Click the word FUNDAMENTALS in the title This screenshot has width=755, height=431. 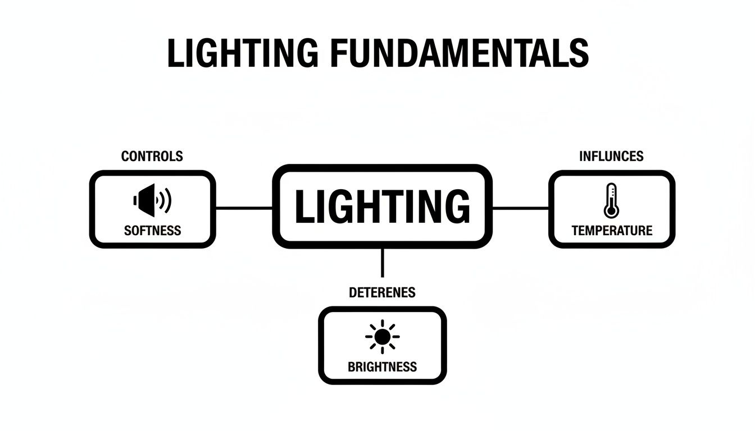460,54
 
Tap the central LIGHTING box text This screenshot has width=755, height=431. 382,207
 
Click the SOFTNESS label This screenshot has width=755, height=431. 152,230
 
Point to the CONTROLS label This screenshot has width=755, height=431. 152,157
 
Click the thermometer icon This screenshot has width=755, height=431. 611,200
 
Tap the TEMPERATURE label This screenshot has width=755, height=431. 612,230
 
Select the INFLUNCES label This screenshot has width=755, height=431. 611,156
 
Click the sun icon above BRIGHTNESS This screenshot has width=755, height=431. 382,337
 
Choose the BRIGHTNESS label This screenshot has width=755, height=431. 382,367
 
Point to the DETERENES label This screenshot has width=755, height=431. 382,292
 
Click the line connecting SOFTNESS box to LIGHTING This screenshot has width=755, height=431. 244,208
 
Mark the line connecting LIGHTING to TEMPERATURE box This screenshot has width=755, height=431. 520,208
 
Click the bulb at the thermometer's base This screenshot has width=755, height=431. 611,211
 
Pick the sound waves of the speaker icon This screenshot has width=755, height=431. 165,200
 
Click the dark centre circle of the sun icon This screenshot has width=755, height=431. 382,337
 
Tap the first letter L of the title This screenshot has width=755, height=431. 175,54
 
